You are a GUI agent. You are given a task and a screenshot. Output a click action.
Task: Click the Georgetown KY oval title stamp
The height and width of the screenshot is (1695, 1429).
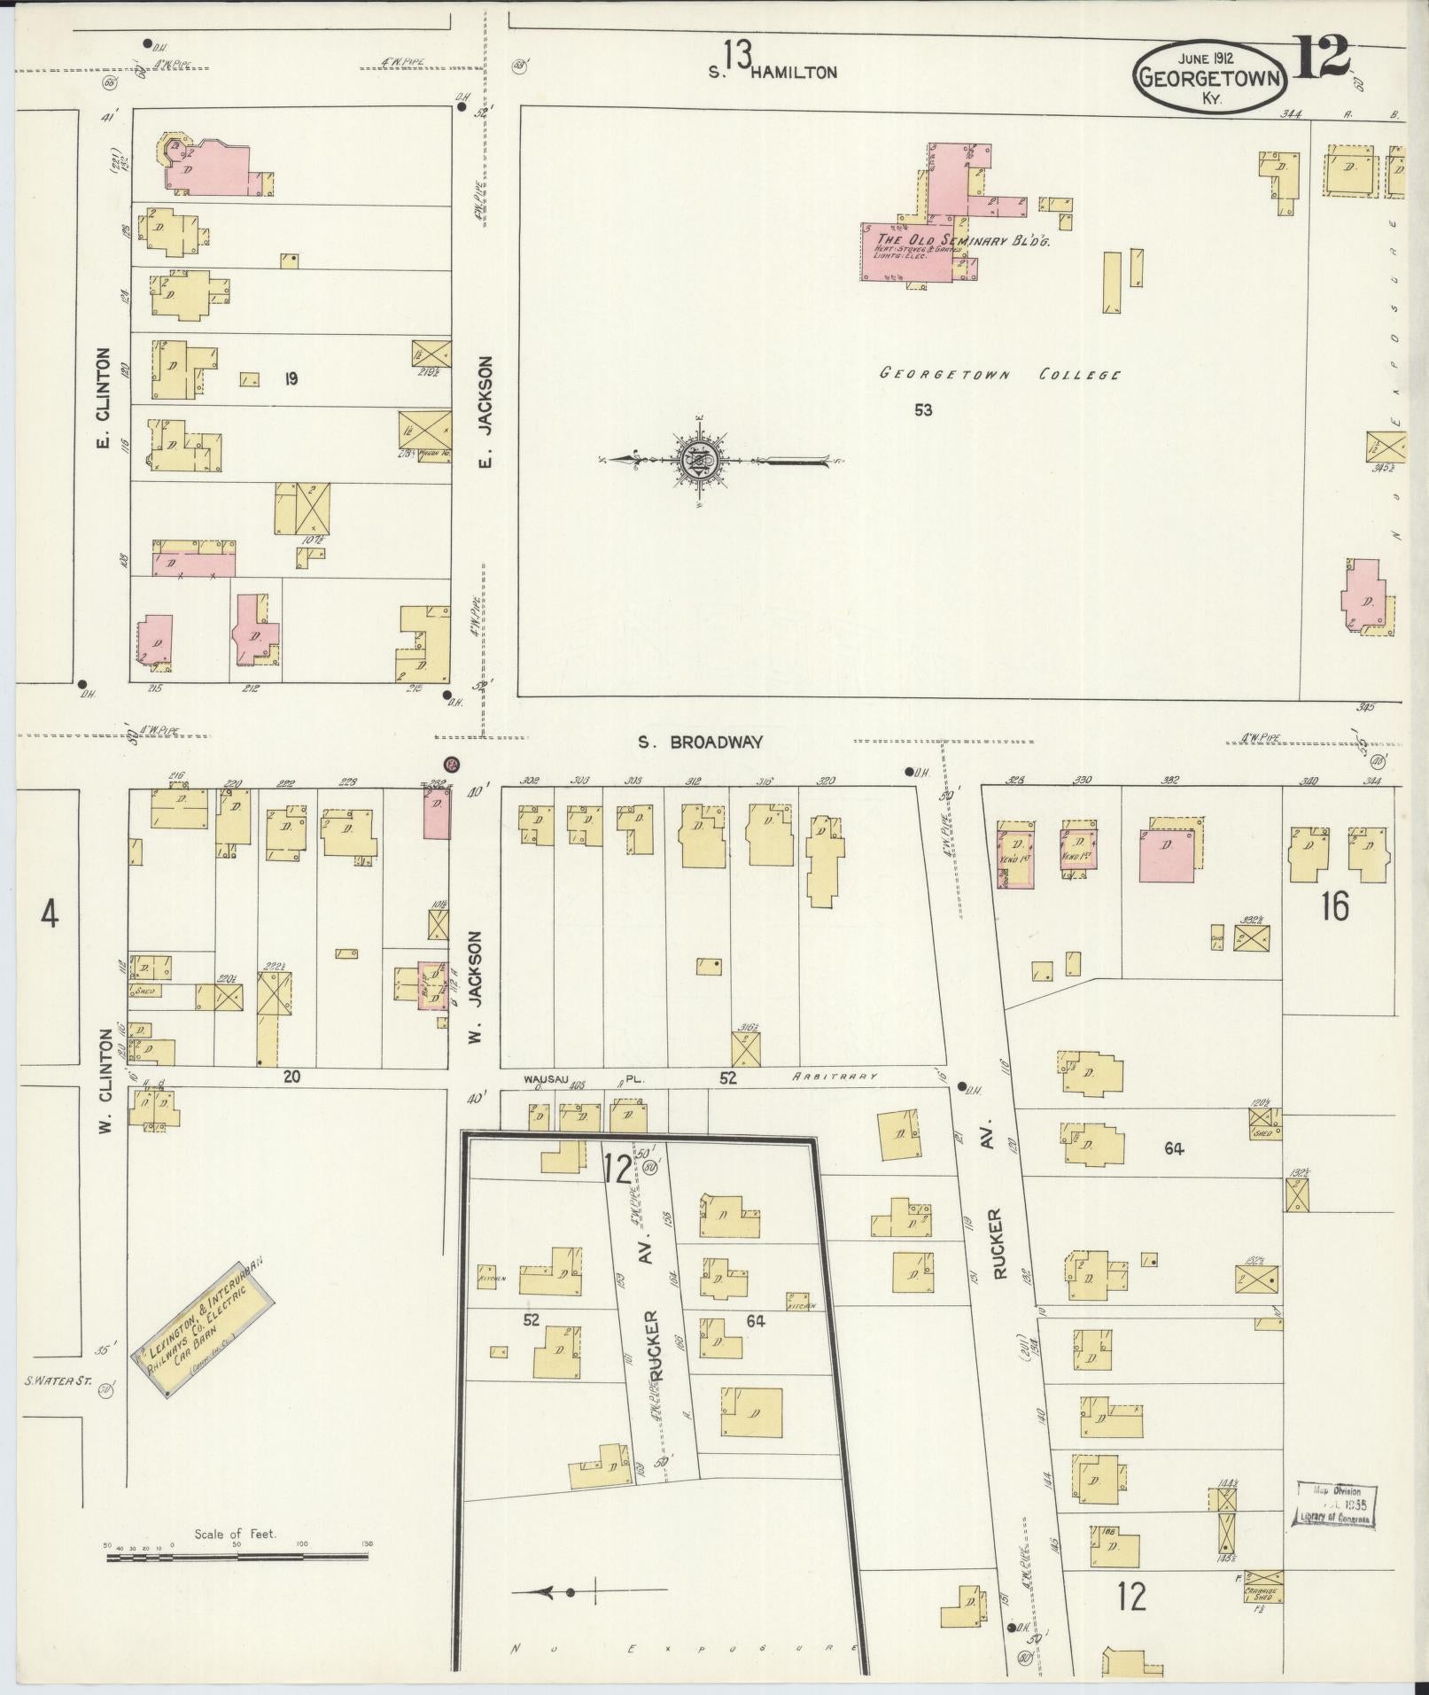[1209, 78]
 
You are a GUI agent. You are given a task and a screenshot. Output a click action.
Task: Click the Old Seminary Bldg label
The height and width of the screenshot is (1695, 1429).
[961, 240]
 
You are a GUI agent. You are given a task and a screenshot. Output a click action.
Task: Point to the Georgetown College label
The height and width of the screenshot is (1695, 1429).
[1000, 374]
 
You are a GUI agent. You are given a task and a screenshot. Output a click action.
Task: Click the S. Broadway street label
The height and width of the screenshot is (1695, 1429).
[701, 743]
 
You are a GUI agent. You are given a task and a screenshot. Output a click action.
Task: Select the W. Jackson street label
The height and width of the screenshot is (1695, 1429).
[476, 985]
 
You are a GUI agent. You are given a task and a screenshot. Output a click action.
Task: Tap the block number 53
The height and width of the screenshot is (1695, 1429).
[923, 410]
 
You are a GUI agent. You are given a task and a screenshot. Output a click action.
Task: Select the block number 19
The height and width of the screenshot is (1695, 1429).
[290, 379]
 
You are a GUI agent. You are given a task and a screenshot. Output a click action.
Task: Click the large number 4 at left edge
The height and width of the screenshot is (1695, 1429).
[49, 914]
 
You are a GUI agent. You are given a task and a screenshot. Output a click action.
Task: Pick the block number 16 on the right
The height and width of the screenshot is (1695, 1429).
[1334, 906]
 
